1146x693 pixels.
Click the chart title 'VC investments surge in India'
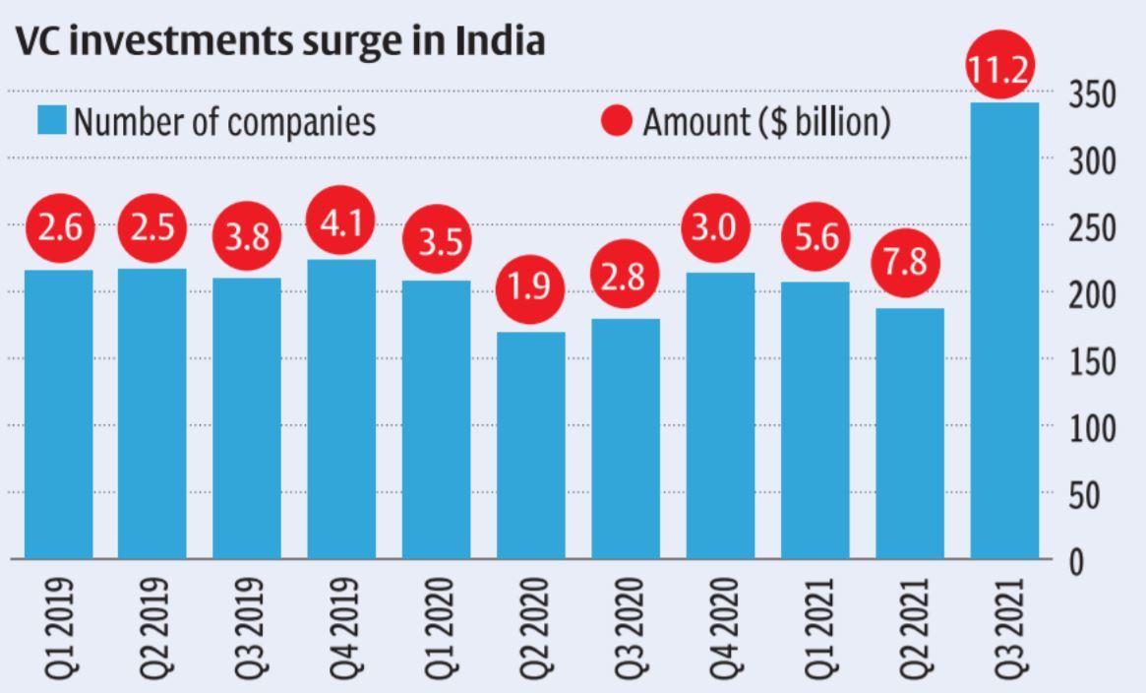[x=278, y=42]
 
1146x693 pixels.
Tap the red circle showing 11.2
[x=1004, y=68]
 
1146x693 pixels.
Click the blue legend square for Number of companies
[x=53, y=122]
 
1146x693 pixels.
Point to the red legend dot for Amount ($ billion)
[x=616, y=122]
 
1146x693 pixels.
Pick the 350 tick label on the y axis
[x=1093, y=95]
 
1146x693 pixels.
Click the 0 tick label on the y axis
[x=1078, y=562]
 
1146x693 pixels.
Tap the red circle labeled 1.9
[x=531, y=287]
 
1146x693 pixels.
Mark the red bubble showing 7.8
[x=909, y=263]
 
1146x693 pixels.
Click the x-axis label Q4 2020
[x=720, y=626]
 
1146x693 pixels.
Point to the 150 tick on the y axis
[x=1093, y=361]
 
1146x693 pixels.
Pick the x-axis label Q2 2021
[x=909, y=626]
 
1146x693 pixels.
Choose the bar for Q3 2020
[x=626, y=438]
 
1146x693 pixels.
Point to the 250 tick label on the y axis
[x=1093, y=228]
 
